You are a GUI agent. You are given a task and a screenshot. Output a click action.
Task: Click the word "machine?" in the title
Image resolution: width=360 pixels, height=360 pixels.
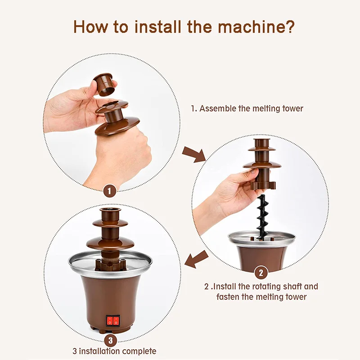(x=256, y=27)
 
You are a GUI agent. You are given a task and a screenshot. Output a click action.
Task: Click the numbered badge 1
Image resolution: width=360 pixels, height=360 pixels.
(x=109, y=191)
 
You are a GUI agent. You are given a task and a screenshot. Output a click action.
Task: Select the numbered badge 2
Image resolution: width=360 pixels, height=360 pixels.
(x=261, y=273)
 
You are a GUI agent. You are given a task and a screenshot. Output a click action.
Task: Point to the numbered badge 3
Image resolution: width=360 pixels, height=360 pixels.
(x=110, y=340)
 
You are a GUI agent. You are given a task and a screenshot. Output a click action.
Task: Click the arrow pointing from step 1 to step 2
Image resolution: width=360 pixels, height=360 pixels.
(x=194, y=154)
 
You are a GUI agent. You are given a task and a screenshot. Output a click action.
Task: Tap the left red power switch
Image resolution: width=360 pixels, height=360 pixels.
(x=110, y=321)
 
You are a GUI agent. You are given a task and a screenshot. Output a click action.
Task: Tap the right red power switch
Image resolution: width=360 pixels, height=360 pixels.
(x=116, y=321)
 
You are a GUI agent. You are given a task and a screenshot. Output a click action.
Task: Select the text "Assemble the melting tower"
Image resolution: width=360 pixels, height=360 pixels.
(x=251, y=108)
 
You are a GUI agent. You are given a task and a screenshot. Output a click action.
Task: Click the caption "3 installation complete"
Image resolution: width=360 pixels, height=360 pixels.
(x=114, y=351)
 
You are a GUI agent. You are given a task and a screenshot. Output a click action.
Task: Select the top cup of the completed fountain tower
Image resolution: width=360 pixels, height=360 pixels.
(x=110, y=215)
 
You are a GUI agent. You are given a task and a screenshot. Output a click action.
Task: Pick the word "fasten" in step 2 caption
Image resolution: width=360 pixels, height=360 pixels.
(x=228, y=297)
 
